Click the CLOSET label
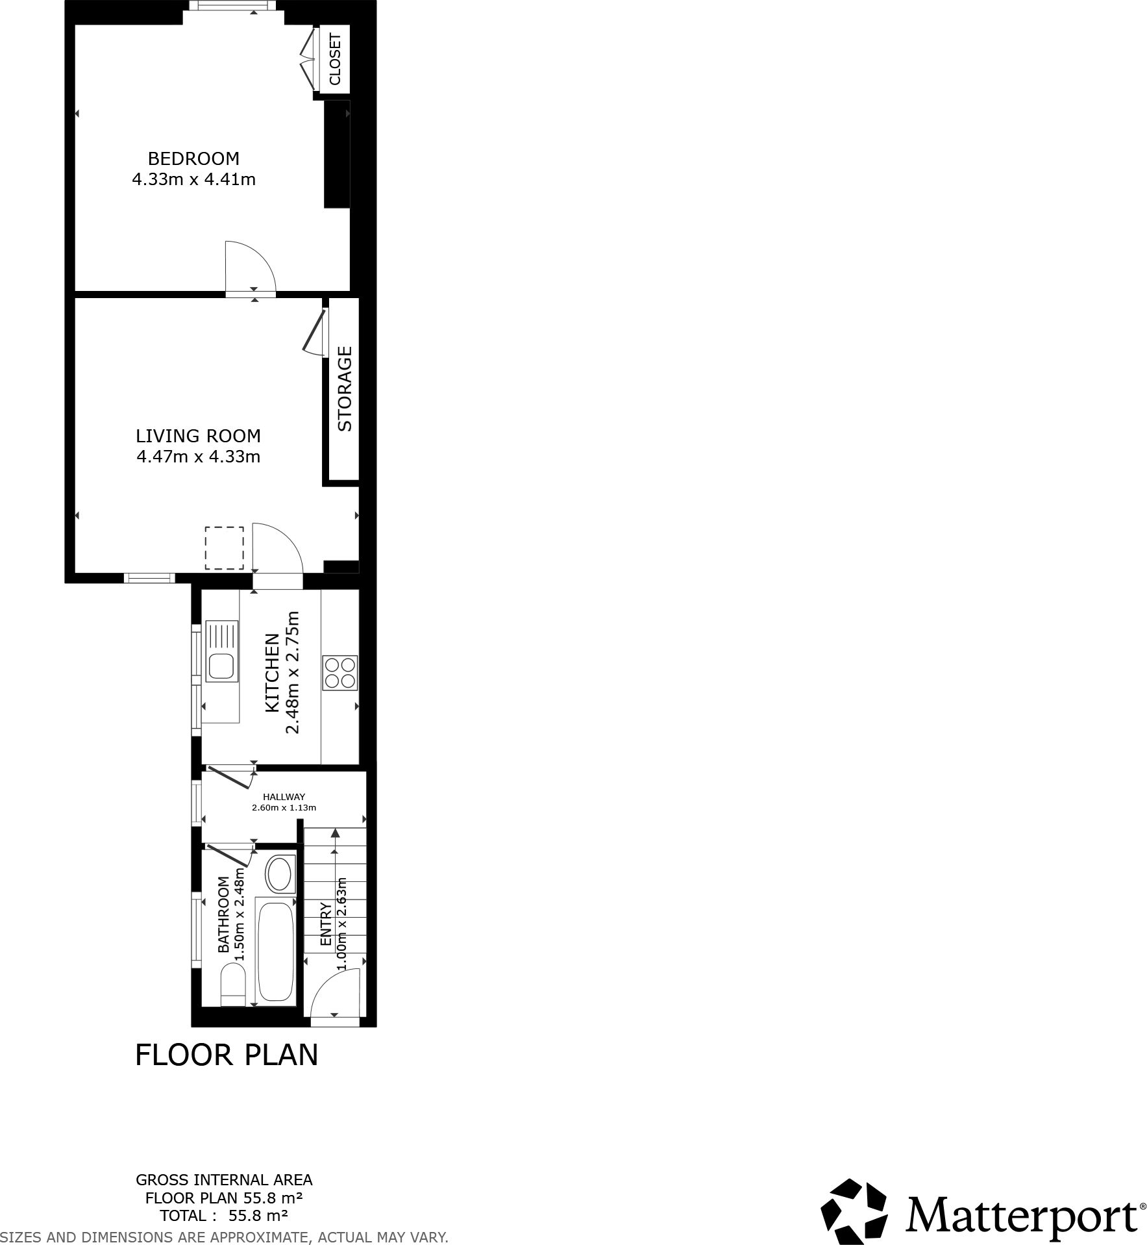335,59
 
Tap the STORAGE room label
345,388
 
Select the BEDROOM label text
193,158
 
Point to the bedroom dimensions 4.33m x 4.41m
193,179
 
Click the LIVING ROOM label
198,436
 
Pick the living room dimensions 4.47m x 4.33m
198,457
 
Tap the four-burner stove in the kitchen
340,673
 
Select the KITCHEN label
273,673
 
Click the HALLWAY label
284,797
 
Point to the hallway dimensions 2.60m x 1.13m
284,808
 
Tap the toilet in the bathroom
233,985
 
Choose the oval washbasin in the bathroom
280,875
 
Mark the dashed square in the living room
225,548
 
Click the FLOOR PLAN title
227,1055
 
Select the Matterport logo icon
853,1212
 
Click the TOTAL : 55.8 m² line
223,1216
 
